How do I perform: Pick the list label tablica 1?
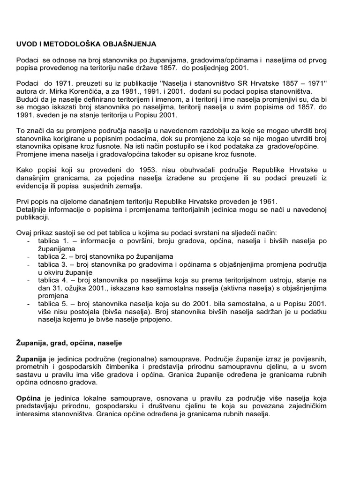pos(52,241)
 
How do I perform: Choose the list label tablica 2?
pos(52,256)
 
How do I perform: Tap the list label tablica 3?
pos(52,264)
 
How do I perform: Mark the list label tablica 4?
pos(52,280)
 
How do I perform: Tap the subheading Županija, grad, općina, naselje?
pos(69,344)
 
